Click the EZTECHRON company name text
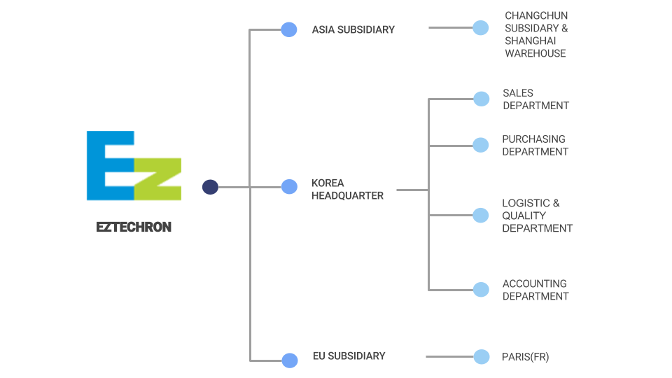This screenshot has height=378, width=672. point(134,227)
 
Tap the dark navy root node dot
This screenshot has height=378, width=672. point(210,187)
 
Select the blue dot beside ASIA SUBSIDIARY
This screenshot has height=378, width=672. point(289,29)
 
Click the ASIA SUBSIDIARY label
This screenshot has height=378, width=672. point(353,29)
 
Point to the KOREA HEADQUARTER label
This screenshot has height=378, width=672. point(347,190)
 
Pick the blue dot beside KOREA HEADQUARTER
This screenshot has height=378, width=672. point(289,187)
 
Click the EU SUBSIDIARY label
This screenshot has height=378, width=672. point(349,356)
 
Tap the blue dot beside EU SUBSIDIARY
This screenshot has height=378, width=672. point(290,360)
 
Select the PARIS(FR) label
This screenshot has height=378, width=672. point(525,357)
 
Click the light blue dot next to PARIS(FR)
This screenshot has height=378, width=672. point(482,357)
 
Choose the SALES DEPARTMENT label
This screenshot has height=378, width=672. point(535,99)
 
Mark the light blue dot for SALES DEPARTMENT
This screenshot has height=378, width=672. point(482,99)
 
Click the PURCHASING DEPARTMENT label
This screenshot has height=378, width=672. point(535,146)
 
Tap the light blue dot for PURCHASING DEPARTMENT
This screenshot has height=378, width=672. point(481,145)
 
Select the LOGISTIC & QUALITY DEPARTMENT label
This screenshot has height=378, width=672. point(537,216)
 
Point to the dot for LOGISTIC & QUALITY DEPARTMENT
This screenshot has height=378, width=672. point(481,215)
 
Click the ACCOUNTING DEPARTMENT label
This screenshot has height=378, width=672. point(535,290)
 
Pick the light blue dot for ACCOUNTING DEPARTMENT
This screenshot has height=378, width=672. point(481,290)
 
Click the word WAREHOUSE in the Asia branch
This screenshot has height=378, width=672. point(535,53)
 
